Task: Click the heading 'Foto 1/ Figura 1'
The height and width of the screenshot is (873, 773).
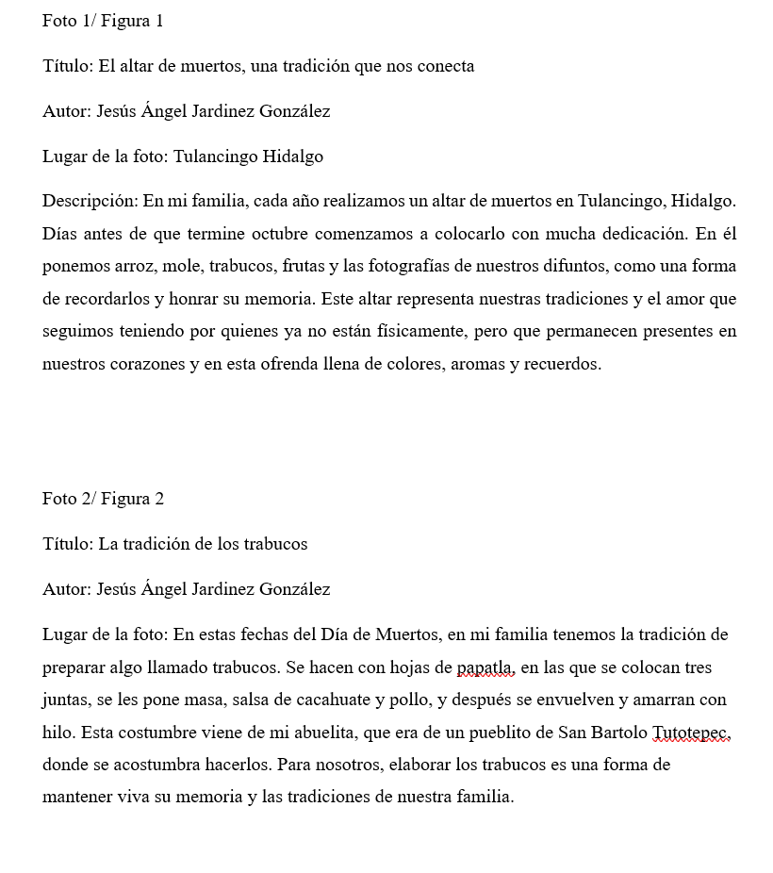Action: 103,21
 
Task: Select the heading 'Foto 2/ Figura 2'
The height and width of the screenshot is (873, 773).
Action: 103,499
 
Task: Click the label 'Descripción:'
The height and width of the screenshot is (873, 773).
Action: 90,201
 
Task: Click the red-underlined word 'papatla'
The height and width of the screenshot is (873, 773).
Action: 485,668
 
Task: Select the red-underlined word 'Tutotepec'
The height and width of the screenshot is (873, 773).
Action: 691,733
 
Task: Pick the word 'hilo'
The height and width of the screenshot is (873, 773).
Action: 58,733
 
